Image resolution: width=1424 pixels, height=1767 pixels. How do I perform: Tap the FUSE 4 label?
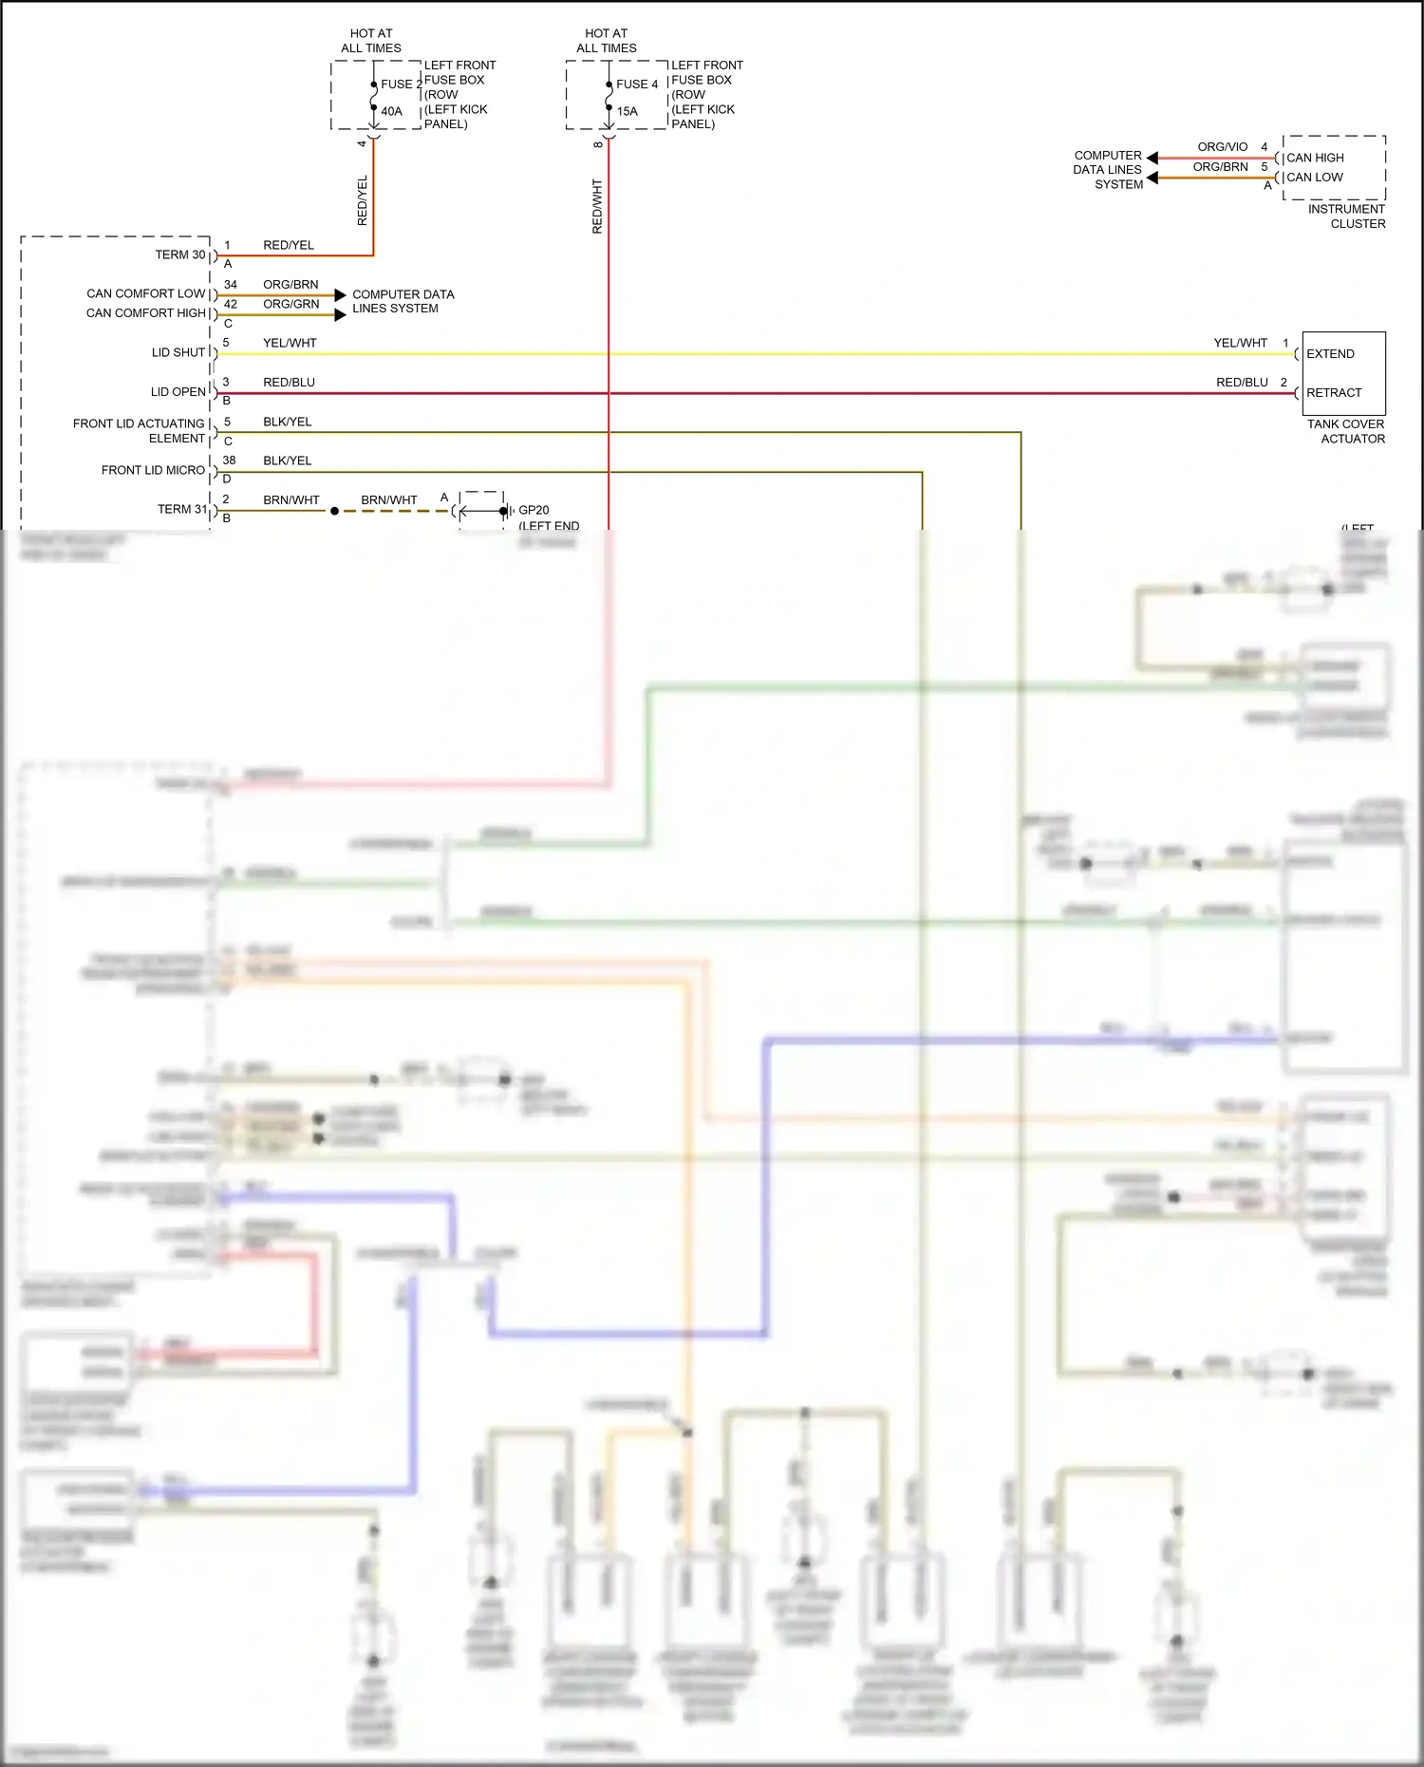click(636, 85)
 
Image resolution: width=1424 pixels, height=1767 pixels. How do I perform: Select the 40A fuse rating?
click(391, 111)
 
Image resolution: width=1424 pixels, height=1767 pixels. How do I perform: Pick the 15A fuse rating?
click(627, 111)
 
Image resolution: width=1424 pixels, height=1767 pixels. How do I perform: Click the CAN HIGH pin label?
click(1315, 158)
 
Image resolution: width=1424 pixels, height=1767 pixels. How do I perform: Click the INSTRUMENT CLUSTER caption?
click(1346, 216)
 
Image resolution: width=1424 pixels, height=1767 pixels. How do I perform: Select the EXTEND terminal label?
click(1330, 354)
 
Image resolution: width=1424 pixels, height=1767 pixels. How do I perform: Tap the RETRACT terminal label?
click(1334, 393)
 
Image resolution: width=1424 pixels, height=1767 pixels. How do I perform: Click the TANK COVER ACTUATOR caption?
click(1345, 432)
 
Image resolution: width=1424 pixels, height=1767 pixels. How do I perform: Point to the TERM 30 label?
click(180, 255)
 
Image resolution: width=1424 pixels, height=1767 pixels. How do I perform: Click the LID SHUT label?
click(178, 353)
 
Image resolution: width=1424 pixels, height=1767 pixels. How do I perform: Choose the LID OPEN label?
click(178, 392)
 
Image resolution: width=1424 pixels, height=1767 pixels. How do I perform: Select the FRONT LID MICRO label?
click(153, 471)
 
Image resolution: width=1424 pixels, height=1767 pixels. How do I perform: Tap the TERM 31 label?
click(181, 510)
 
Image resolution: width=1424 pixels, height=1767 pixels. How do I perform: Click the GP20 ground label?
click(534, 511)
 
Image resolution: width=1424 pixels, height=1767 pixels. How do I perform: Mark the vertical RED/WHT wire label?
click(597, 206)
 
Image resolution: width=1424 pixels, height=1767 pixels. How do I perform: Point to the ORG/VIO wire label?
click(1222, 147)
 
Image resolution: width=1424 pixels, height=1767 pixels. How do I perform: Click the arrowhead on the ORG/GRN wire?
click(340, 314)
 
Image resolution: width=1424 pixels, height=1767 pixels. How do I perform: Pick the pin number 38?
click(229, 461)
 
